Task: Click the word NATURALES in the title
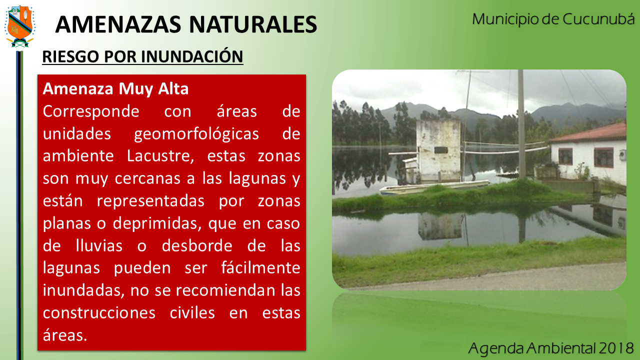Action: click(x=253, y=24)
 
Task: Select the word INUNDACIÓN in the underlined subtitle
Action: click(x=192, y=56)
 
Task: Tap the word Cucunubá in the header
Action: click(x=598, y=19)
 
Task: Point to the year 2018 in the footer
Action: click(x=616, y=348)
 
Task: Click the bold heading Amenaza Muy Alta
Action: click(x=115, y=88)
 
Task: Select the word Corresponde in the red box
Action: click(x=91, y=111)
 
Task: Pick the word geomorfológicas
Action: click(x=196, y=134)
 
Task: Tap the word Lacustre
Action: click(x=160, y=156)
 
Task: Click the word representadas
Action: click(x=150, y=201)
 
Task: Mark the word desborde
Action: click(x=197, y=245)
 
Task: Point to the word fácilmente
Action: click(x=261, y=267)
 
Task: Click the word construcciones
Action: click(x=99, y=313)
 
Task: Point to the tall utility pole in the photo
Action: click(x=521, y=124)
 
